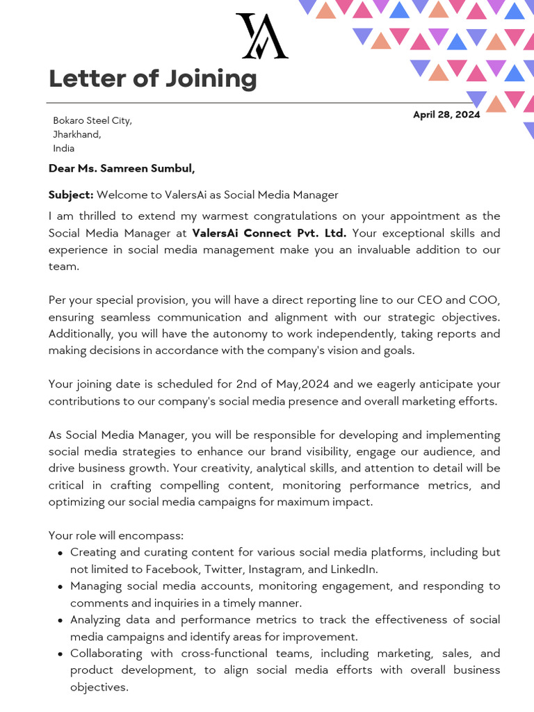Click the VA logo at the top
(x=261, y=36)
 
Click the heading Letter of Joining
(x=152, y=79)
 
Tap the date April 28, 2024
(x=446, y=115)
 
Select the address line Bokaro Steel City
(x=92, y=121)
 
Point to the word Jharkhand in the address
(x=76, y=134)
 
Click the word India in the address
(x=63, y=148)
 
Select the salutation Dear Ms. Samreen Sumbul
(x=122, y=168)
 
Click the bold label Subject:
(x=71, y=195)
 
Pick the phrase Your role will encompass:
(x=115, y=535)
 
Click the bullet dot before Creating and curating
(x=61, y=553)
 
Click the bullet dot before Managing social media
(x=61, y=587)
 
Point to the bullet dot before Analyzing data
(x=61, y=620)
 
